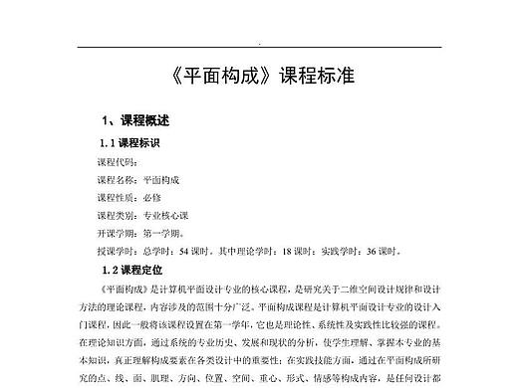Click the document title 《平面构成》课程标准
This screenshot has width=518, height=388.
point(259,76)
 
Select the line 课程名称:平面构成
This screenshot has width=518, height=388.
point(138,179)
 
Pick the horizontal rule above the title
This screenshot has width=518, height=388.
point(259,47)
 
